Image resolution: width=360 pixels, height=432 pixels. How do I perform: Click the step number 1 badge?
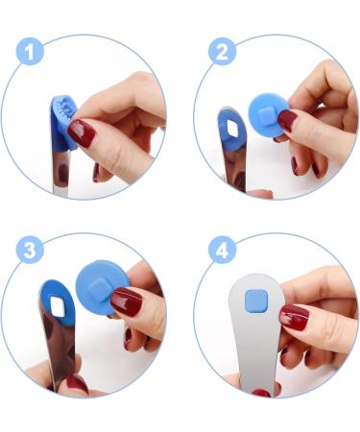point(31,53)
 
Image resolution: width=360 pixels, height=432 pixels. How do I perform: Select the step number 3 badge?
point(30,252)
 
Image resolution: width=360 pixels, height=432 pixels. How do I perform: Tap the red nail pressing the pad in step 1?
point(83,133)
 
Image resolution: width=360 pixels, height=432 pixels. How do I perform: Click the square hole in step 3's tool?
point(57,306)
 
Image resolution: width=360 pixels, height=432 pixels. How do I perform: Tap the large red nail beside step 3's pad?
point(126,303)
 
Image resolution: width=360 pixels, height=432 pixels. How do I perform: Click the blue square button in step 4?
point(254,300)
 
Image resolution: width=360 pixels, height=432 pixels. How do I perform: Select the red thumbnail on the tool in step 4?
point(293,317)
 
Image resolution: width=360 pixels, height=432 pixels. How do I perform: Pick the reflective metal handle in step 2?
point(233,163)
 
